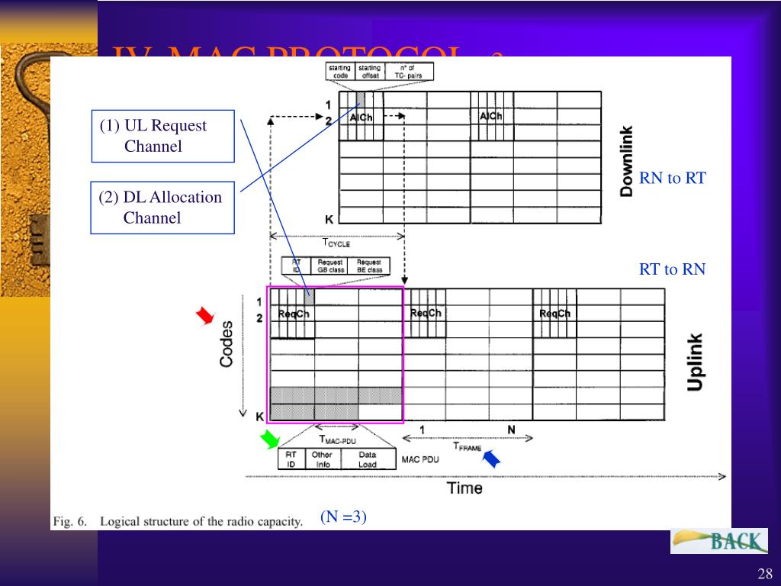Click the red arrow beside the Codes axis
(204, 316)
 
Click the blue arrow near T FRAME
(493, 458)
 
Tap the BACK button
(719, 541)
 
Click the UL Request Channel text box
(162, 136)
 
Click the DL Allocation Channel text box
(162, 208)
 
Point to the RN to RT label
(673, 179)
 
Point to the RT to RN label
(672, 269)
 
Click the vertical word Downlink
(627, 161)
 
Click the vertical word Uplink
(695, 362)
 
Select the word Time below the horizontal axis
(464, 488)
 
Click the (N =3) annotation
(343, 517)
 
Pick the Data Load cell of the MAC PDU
(368, 459)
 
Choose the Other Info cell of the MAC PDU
(321, 459)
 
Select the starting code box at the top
(339, 72)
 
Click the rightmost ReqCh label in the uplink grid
(554, 314)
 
